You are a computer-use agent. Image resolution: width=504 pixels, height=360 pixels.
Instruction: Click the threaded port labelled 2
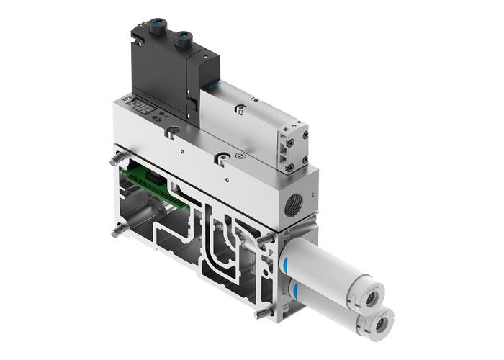tap(292, 198)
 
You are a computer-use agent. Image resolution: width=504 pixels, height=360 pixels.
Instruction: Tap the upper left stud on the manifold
tap(114, 161)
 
